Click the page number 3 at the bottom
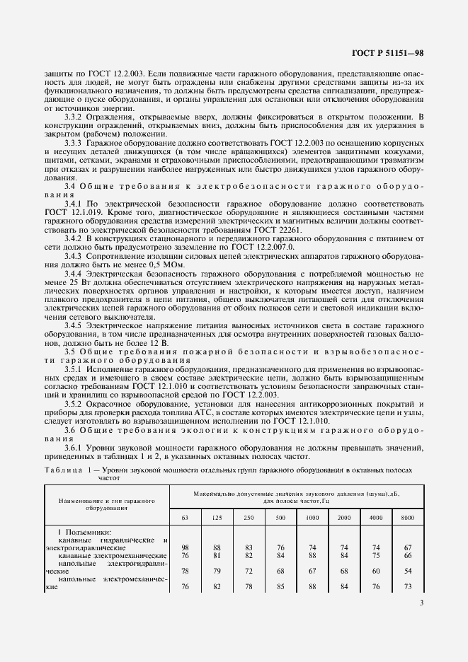pyautogui.click(x=421, y=603)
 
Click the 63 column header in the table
pyautogui.click(x=185, y=518)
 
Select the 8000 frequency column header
pyautogui.click(x=407, y=518)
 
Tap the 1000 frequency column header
pyautogui.click(x=312, y=518)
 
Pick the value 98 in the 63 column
pyautogui.click(x=185, y=548)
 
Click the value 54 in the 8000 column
pyautogui.click(x=407, y=570)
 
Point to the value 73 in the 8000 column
pyautogui.click(x=407, y=586)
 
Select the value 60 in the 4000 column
pyautogui.click(x=376, y=570)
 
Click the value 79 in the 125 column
pyautogui.click(x=217, y=570)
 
